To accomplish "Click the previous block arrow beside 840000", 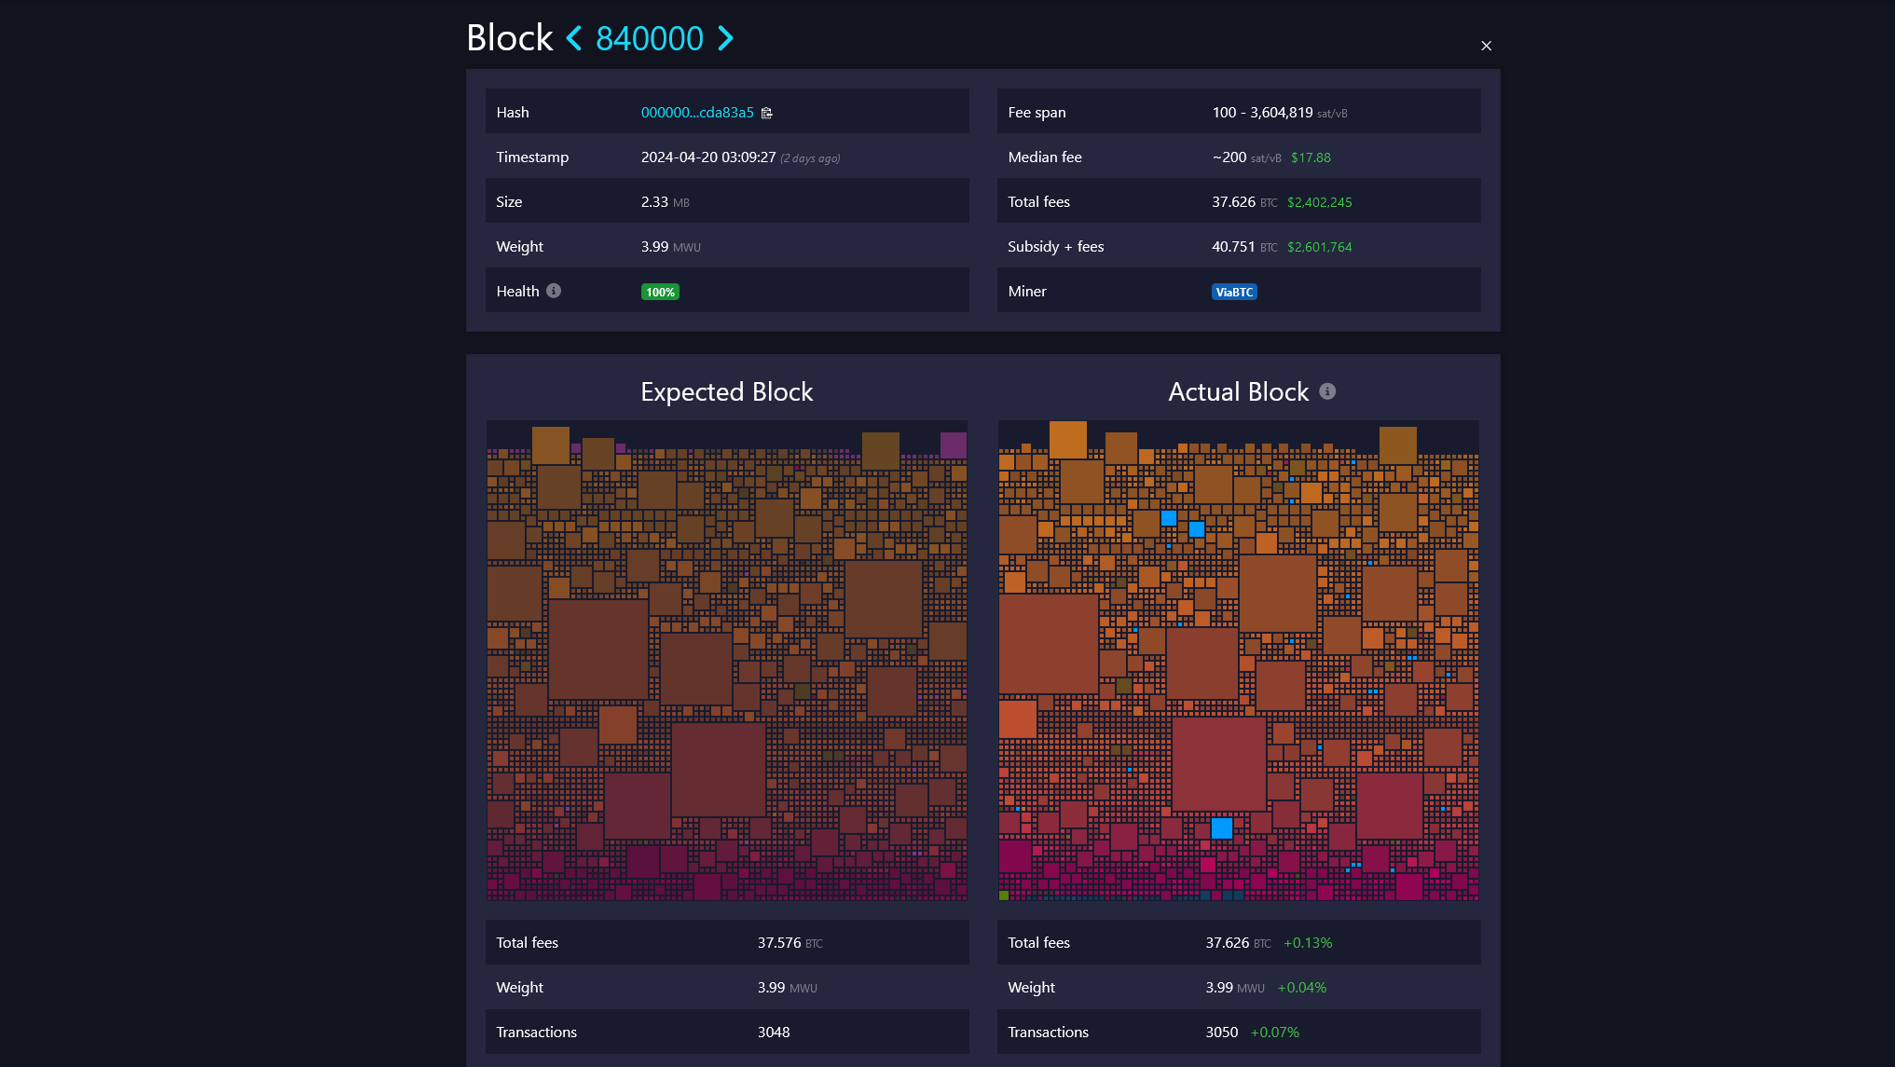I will [x=574, y=39].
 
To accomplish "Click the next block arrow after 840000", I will [x=725, y=39].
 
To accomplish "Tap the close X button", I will [x=1486, y=46].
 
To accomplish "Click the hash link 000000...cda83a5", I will [x=697, y=113].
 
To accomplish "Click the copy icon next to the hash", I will [x=767, y=113].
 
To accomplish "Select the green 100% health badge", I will [x=660, y=293].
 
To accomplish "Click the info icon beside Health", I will [x=554, y=291].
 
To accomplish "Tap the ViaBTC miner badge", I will [x=1234, y=293].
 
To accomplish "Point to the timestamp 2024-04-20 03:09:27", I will [x=708, y=157].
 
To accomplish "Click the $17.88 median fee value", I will [x=1311, y=157].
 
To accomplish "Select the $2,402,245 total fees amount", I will [x=1319, y=202].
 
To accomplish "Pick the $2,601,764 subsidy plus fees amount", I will [x=1319, y=247].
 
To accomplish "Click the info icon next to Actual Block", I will [x=1327, y=391].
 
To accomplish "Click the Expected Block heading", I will [x=726, y=392].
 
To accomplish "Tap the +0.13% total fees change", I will [x=1308, y=943].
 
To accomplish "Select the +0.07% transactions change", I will [x=1274, y=1033].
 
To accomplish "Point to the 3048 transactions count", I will [x=774, y=1033].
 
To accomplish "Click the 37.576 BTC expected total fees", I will [x=790, y=943].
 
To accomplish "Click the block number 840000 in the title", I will [x=650, y=39].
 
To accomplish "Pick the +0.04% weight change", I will [x=1301, y=988].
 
